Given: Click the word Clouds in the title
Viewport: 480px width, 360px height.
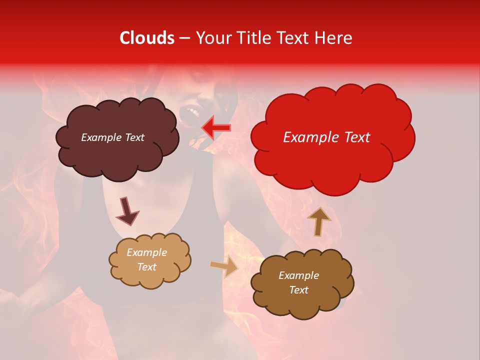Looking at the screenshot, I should pyautogui.click(x=146, y=38).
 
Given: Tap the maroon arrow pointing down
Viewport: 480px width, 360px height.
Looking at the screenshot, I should pyautogui.click(x=127, y=211).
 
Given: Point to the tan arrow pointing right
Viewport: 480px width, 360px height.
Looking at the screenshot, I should pyautogui.click(x=224, y=267).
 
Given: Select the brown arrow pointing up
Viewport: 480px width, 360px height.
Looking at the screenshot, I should pyautogui.click(x=318, y=221).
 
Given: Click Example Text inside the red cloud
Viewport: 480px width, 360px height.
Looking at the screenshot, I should pyautogui.click(x=326, y=137).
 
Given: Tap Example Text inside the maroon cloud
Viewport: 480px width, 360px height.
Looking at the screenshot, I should pyautogui.click(x=112, y=137).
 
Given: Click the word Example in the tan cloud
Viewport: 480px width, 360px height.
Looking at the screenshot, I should pyautogui.click(x=146, y=252).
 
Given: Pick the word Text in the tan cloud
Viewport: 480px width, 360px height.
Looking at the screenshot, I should pyautogui.click(x=146, y=267).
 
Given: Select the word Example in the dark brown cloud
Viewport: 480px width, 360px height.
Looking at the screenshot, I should pyautogui.click(x=298, y=275).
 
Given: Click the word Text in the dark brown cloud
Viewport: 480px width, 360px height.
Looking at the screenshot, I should pyautogui.click(x=298, y=290).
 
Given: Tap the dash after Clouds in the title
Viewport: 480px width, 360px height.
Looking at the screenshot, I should pyautogui.click(x=184, y=38).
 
